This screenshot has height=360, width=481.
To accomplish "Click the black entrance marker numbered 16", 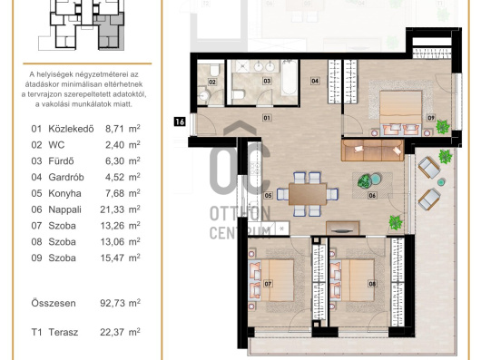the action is (180, 122).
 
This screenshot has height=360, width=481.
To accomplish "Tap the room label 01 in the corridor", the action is (267, 118).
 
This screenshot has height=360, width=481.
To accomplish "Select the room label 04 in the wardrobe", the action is (315, 81).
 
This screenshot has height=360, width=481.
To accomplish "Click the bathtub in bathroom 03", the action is (290, 78).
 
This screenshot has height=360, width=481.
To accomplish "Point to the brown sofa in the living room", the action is (372, 151).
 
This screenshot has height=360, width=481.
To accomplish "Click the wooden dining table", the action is (308, 194).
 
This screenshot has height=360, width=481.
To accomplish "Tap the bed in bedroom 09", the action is (400, 112).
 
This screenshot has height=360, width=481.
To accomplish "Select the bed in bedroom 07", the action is (271, 280).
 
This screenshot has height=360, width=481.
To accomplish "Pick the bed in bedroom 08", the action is (352, 280).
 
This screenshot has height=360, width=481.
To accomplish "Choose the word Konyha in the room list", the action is (64, 194).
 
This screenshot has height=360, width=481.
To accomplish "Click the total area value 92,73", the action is (113, 303).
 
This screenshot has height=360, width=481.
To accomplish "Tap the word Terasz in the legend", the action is (64, 332).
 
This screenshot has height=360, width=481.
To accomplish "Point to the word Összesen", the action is (54, 303).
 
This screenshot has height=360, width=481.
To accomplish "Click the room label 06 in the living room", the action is (372, 195).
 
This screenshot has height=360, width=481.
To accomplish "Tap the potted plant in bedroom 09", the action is (442, 126).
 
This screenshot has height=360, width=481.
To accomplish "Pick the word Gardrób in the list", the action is (66, 178).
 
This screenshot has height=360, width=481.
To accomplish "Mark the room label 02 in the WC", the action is (212, 83).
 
